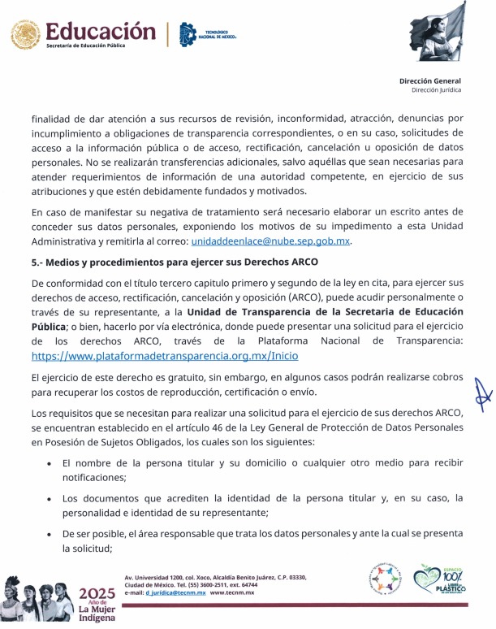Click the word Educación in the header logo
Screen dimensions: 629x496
(x=101, y=32)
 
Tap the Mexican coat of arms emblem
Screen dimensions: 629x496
(x=24, y=36)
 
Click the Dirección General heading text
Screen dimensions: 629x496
(x=430, y=80)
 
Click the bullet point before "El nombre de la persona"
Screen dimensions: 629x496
(x=50, y=463)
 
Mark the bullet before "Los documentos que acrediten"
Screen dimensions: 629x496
(x=50, y=499)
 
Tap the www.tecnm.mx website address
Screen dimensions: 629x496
(x=232, y=593)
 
